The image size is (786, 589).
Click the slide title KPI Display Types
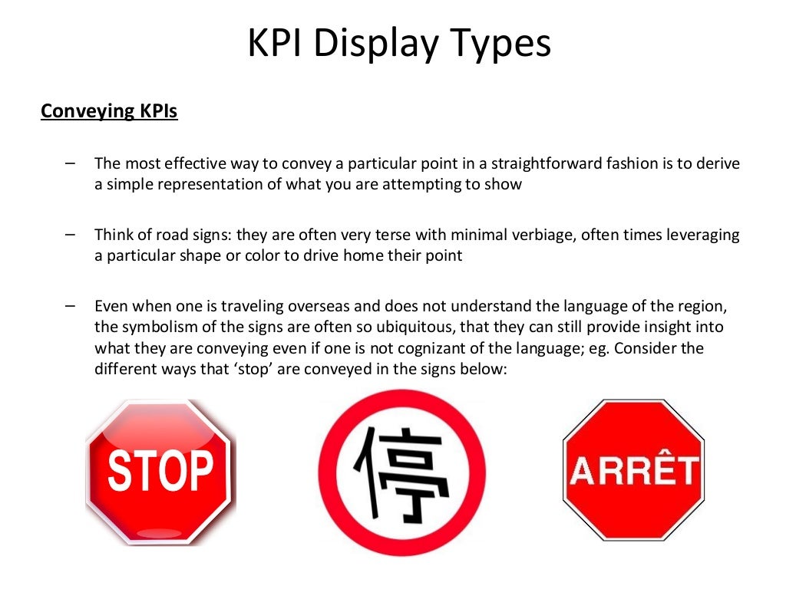(399, 44)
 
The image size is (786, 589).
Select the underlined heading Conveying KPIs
(109, 111)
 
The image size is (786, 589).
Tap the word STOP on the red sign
(160, 470)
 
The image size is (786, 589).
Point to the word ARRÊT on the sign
(634, 471)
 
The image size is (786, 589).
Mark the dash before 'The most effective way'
(71, 163)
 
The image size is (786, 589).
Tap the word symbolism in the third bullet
(159, 327)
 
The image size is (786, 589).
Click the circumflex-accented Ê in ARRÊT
(661, 469)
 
